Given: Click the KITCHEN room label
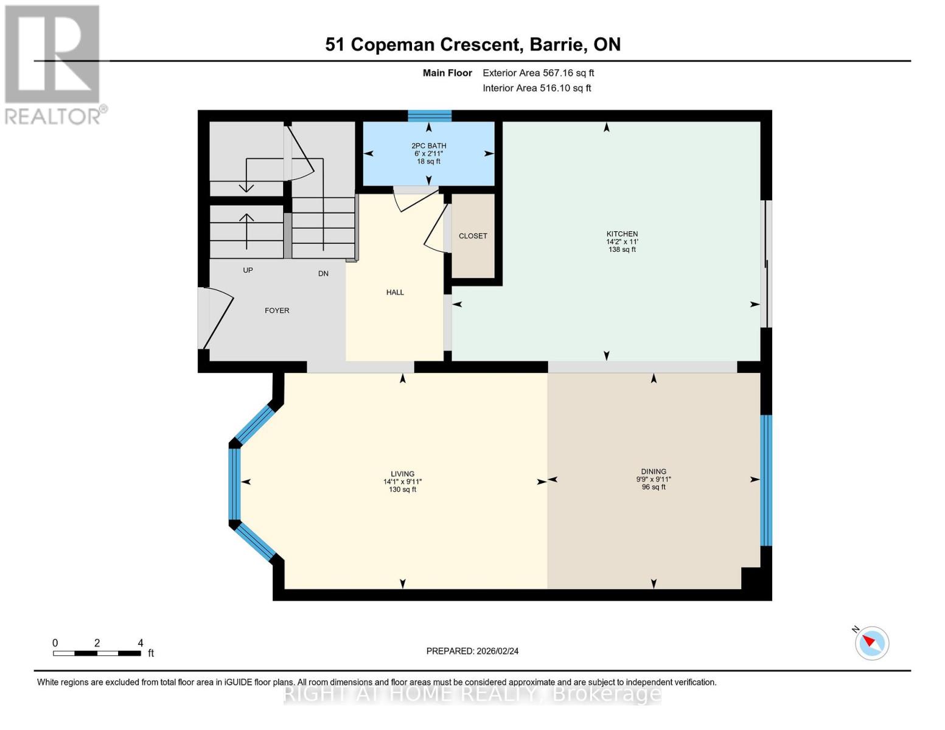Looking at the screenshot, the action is [x=622, y=234].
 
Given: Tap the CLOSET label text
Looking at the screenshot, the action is [x=473, y=236].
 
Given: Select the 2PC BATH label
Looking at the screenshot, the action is [x=429, y=145].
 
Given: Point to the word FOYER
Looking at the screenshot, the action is [x=277, y=310].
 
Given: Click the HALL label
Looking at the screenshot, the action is [x=395, y=292].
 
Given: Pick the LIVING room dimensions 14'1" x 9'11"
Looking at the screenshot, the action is [x=402, y=482].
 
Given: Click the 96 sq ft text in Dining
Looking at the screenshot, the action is [x=654, y=487].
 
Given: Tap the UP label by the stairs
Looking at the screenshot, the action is [x=248, y=271].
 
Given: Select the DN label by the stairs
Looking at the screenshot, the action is [x=323, y=274].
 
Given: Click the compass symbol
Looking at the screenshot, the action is [x=871, y=644].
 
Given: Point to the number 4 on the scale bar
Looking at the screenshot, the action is [x=141, y=642].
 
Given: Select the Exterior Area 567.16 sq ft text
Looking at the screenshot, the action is [x=538, y=73].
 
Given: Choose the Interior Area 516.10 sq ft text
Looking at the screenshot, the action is [x=537, y=88].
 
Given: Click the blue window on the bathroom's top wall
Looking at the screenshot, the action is [x=429, y=116].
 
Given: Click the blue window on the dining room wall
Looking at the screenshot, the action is [x=766, y=480].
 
